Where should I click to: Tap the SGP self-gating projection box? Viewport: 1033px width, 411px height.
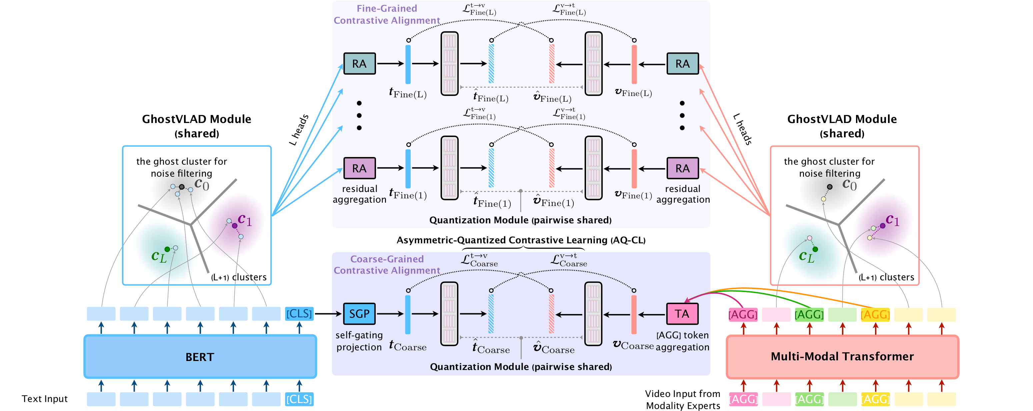(x=359, y=314)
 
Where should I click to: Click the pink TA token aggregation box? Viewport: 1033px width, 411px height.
(x=682, y=314)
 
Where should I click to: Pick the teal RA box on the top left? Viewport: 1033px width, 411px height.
(x=359, y=64)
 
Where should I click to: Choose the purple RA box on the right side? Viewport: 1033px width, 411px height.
(x=683, y=168)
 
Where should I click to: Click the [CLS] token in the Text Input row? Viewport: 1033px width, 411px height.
(x=299, y=399)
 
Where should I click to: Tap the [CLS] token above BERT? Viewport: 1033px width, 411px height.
(x=299, y=314)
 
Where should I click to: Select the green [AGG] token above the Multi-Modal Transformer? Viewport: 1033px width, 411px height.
(x=809, y=314)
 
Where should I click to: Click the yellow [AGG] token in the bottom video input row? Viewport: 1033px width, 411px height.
(x=875, y=399)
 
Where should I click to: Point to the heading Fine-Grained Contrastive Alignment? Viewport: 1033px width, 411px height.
(x=387, y=14)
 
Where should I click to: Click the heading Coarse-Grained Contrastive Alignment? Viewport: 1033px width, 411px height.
(x=387, y=265)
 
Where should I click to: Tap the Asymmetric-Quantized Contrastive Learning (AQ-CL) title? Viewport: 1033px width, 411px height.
(x=521, y=240)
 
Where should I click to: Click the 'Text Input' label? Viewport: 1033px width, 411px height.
(x=45, y=399)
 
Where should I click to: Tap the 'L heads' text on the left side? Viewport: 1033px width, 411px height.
(x=299, y=130)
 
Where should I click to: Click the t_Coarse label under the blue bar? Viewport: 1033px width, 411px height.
(x=408, y=346)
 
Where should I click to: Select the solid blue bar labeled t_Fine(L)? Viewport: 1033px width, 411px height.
(x=408, y=64)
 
